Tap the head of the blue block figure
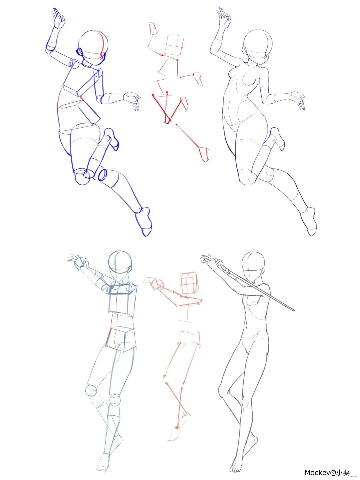(x=93, y=47)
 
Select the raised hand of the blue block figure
(x=58, y=19)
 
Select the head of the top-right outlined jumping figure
(x=257, y=46)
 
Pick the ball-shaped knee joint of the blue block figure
(x=82, y=176)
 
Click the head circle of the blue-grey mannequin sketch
(x=120, y=262)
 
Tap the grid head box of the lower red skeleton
(x=189, y=283)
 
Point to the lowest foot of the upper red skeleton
(x=204, y=154)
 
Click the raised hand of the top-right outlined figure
(x=224, y=18)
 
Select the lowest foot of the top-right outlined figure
(x=309, y=222)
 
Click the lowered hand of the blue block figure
(x=132, y=101)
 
